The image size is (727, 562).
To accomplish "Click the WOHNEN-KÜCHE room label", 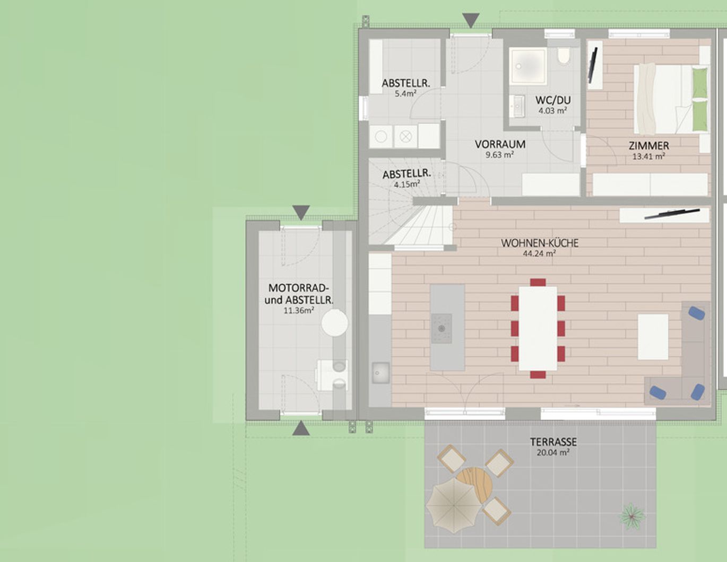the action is [539, 243].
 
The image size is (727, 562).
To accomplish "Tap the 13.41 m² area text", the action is [648, 156].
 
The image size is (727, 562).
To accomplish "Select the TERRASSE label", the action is [553, 442].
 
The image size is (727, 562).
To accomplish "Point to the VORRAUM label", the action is [500, 144].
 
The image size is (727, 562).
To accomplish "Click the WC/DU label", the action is [553, 100].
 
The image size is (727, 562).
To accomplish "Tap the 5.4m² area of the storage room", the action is [405, 93].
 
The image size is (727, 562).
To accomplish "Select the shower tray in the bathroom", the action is [527, 66].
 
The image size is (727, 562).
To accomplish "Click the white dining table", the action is [538, 328].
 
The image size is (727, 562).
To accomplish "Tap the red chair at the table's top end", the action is [538, 283].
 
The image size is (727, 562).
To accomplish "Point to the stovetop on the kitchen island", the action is [442, 328].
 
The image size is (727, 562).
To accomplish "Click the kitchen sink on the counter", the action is [380, 373].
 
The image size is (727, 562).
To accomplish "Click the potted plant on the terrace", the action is [631, 516].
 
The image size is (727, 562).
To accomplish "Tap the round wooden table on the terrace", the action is [475, 485].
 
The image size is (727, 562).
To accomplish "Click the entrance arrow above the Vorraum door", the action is [471, 20].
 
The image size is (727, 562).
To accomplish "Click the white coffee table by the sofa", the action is [653, 337].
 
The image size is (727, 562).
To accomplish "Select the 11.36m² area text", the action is [299, 311].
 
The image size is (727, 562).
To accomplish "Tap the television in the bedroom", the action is [593, 66].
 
